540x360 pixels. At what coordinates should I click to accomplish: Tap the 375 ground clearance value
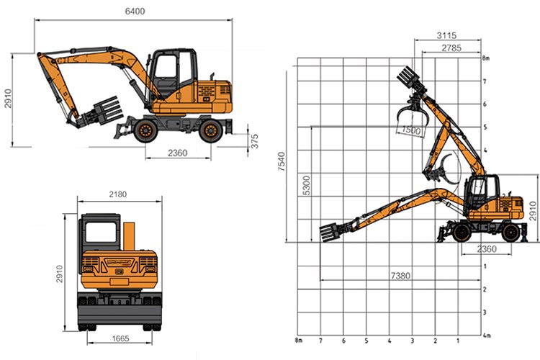[255, 141]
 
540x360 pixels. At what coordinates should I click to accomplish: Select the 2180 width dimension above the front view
[118, 194]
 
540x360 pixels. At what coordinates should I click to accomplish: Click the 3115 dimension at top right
[446, 35]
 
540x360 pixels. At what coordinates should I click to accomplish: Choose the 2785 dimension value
[451, 48]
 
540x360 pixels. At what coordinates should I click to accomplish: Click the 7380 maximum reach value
[402, 276]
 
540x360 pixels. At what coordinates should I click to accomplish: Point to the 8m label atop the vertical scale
[486, 58]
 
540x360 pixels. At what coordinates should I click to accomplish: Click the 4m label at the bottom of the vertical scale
[486, 335]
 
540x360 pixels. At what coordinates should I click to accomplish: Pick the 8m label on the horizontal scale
[297, 341]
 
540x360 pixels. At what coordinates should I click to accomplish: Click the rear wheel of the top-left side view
[210, 130]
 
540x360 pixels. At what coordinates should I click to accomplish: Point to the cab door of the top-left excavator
[167, 76]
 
